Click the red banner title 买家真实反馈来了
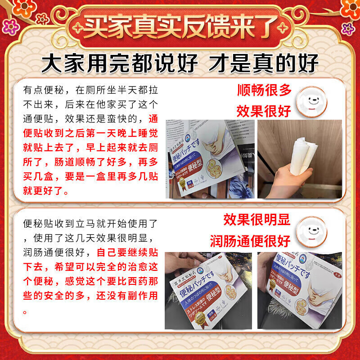coord(180,27)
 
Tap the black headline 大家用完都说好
coord(119,63)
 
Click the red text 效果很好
coord(265,111)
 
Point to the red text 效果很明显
coord(257,220)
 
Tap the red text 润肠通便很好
coord(250,241)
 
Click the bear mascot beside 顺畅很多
coord(310,99)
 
